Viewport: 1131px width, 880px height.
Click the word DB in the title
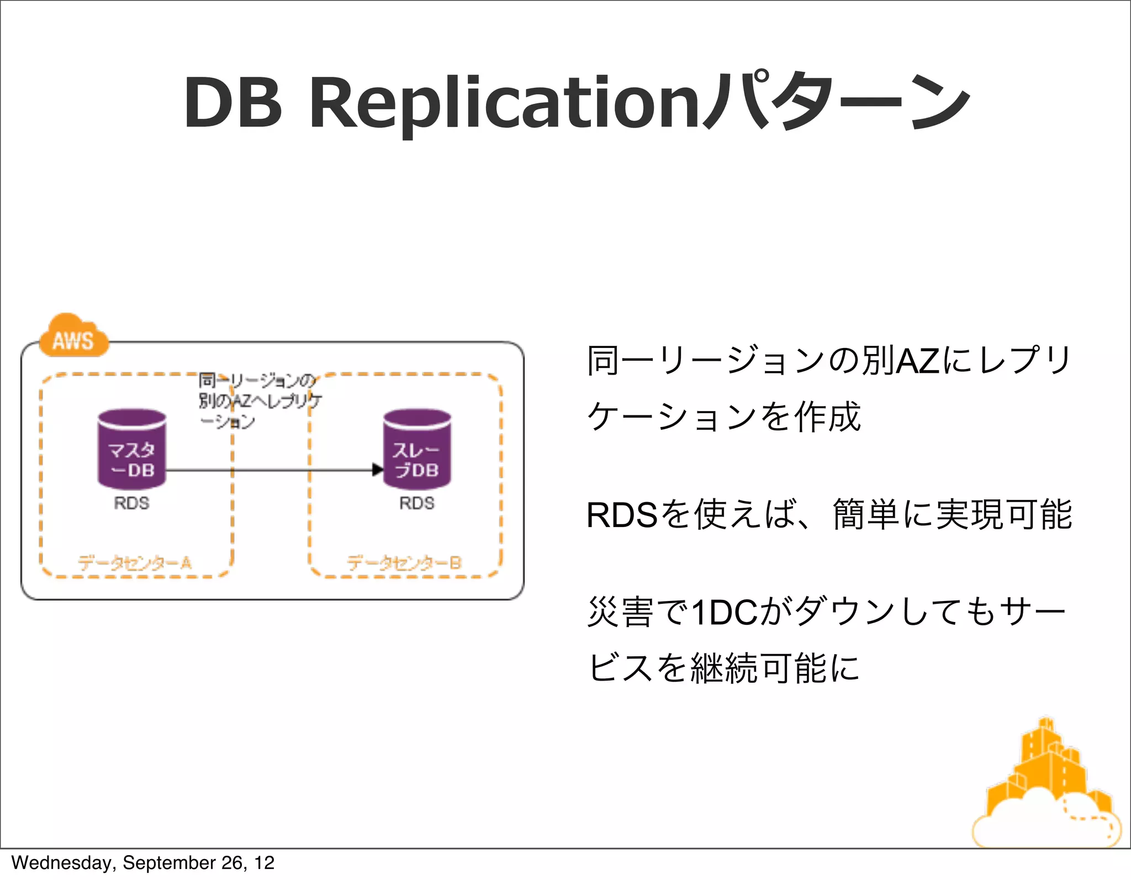232,103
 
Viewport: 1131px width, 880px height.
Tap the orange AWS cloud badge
73,338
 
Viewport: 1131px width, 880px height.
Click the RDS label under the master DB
131,503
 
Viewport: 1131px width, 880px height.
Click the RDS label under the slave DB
417,503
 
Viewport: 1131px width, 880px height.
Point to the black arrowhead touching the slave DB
378,470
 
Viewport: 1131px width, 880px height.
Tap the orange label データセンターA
135,563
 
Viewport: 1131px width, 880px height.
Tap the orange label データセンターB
404,563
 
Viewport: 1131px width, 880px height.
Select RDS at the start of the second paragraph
621,515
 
